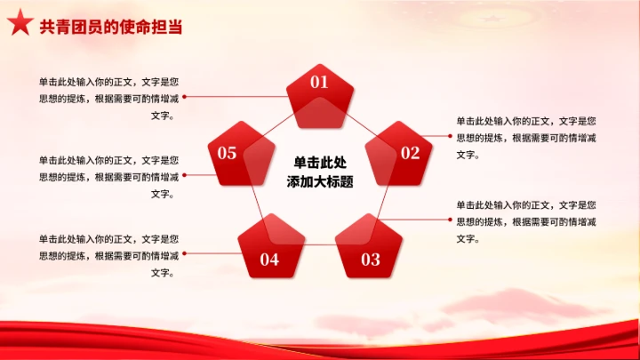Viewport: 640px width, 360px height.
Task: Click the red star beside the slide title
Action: (20, 26)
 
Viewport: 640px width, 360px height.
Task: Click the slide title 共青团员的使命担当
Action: (111, 27)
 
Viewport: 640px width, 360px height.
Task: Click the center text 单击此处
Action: (320, 163)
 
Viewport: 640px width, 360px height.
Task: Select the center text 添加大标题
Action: (320, 182)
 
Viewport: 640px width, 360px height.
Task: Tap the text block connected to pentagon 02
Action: (526, 137)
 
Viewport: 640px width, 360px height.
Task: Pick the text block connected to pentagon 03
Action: (526, 220)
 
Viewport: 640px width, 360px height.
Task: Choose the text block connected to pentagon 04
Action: (108, 256)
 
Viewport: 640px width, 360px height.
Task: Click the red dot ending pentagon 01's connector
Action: (185, 96)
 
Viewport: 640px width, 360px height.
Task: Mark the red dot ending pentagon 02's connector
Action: (450, 136)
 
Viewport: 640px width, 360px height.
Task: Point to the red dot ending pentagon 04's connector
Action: (185, 254)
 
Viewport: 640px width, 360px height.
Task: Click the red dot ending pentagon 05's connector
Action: (185, 175)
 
